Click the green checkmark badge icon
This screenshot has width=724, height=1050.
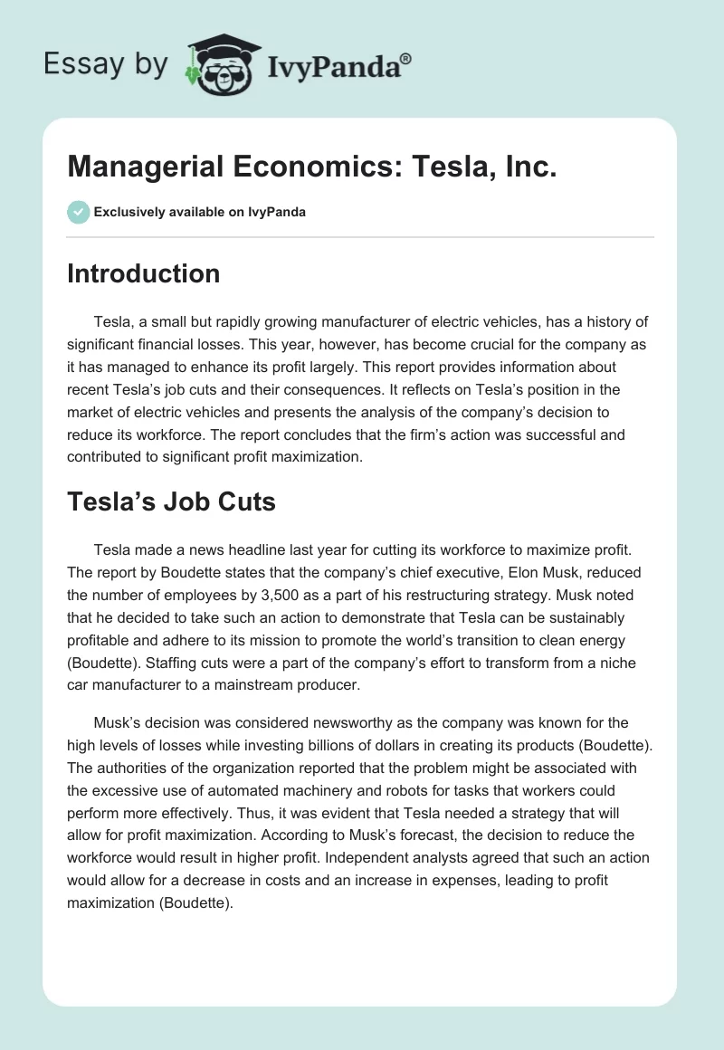[78, 212]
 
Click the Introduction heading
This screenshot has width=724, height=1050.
[143, 273]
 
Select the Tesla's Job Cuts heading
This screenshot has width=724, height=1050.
[171, 502]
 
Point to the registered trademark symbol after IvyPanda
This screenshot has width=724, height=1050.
[406, 59]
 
